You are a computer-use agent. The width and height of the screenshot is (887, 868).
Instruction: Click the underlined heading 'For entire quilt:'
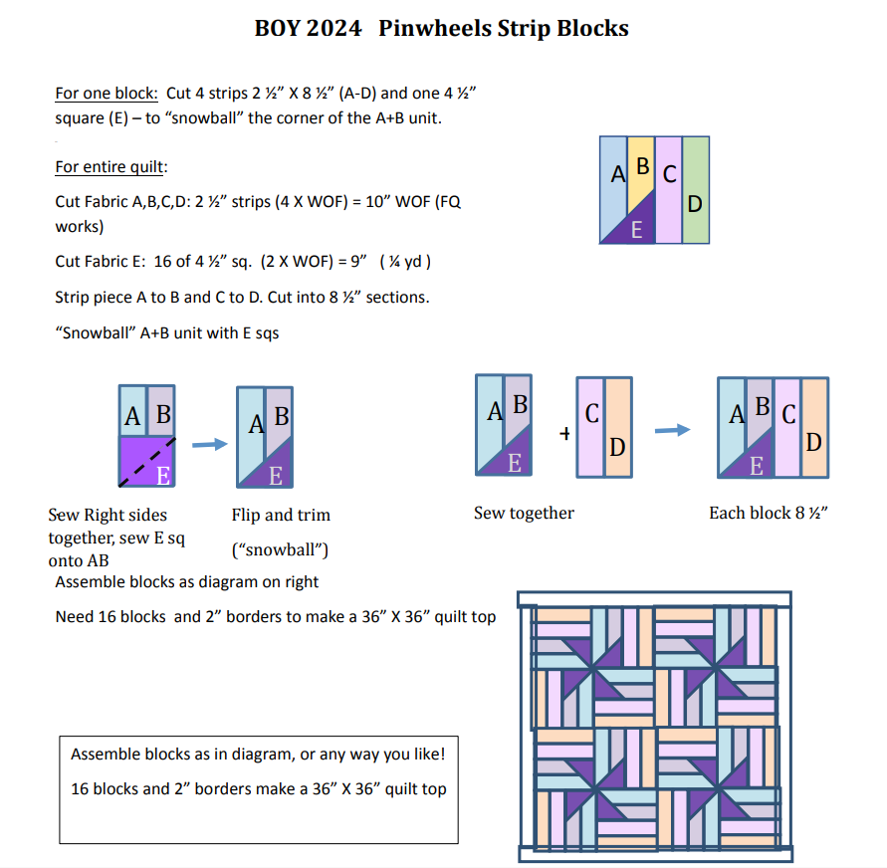point(110,166)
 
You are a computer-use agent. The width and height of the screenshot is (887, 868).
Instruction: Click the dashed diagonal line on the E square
point(147,461)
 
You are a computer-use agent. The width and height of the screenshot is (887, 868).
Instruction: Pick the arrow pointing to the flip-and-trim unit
point(209,445)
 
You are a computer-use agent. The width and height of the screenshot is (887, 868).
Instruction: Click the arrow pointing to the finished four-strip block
point(672,430)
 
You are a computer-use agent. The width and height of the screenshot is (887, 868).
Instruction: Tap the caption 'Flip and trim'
point(281,515)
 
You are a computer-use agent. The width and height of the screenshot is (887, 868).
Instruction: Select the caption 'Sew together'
point(524,513)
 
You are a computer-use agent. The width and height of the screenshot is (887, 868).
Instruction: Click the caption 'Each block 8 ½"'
point(770,513)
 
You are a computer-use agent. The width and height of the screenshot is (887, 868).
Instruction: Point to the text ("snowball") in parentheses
point(280,549)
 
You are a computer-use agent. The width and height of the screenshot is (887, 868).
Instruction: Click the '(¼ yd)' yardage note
point(405,262)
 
